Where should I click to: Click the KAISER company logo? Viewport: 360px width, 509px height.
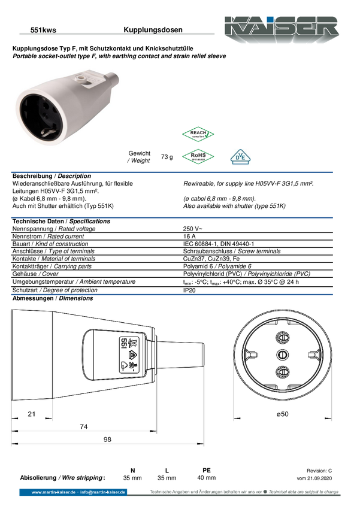tap(280, 28)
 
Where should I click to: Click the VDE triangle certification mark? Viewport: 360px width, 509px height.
tap(240, 157)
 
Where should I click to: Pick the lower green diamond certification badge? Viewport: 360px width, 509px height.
tap(198, 156)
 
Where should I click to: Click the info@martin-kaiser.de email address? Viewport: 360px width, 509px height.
tap(103, 492)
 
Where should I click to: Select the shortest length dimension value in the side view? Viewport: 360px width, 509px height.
tap(32, 413)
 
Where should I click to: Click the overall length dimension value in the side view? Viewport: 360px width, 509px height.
tap(107, 439)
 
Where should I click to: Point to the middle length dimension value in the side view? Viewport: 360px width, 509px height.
tap(84, 426)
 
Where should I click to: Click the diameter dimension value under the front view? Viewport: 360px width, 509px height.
tap(282, 414)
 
